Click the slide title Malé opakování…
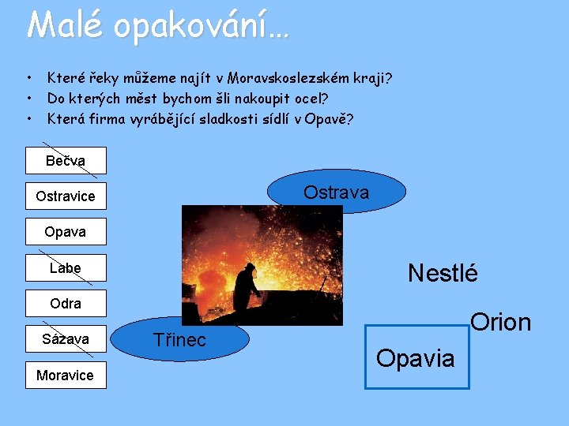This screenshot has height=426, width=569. [x=158, y=25]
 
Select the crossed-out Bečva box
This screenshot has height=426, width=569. [x=66, y=161]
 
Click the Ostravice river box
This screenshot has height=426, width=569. [x=66, y=196]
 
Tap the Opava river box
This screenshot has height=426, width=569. [x=66, y=232]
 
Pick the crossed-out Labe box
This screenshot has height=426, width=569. [x=66, y=268]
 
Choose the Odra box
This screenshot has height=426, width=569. [x=66, y=304]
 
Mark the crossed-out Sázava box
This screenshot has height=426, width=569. [x=66, y=339]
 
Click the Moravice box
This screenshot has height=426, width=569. [x=66, y=376]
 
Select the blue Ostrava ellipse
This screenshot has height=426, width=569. [x=337, y=192]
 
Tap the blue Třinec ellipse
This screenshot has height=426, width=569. [x=180, y=340]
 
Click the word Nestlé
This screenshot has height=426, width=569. [x=443, y=274]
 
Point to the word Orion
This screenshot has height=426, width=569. [x=500, y=322]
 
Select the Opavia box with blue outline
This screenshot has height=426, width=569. [x=416, y=357]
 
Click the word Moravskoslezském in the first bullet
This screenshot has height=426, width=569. [x=275, y=78]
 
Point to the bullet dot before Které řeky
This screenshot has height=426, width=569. [x=28, y=78]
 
